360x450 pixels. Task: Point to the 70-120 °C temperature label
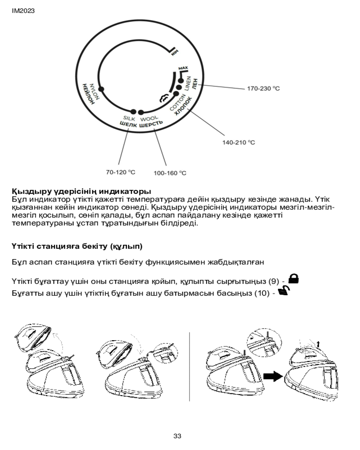[x=121, y=172]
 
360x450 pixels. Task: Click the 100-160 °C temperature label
[x=170, y=172]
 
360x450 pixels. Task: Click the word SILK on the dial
[x=129, y=119]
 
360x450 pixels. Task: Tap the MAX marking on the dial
[x=182, y=68]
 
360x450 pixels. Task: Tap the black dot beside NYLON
[x=101, y=90]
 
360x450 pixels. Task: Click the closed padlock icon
[x=294, y=279]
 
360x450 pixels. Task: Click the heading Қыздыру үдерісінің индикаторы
[x=81, y=191]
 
